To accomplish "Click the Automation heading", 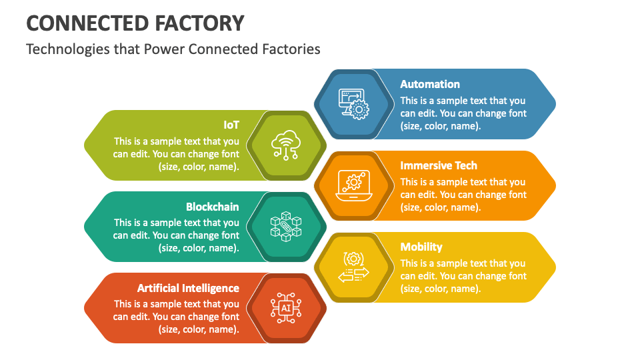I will (430, 84).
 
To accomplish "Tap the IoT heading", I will (231, 125).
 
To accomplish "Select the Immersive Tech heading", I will (439, 165).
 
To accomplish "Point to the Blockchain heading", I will (212, 207).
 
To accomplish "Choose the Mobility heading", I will (421, 247).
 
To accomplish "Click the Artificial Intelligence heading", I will (188, 288).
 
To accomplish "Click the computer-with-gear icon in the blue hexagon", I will (353, 104).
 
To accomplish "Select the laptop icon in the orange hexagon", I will (353, 186).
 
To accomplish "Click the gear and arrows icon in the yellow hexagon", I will (353, 267).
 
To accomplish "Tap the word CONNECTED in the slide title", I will (78, 23).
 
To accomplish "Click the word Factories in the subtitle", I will (290, 49).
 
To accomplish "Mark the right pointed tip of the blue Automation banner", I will (554, 104).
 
